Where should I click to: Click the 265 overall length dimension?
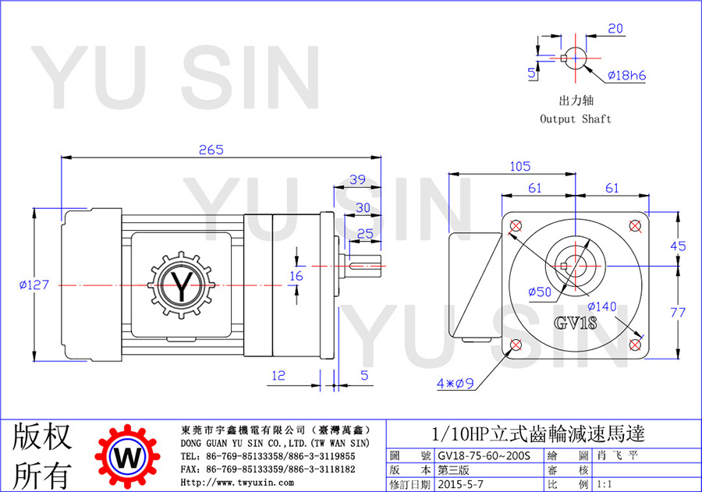click(x=211, y=150)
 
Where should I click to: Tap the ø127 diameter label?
click(x=34, y=285)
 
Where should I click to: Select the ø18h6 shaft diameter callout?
click(x=627, y=75)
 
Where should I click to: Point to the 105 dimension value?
click(x=520, y=167)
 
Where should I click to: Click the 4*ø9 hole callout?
click(x=456, y=383)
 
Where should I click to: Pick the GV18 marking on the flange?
click(x=576, y=323)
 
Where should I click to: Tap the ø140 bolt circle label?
click(x=602, y=306)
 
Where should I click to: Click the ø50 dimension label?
click(x=540, y=292)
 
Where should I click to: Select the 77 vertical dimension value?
click(x=678, y=312)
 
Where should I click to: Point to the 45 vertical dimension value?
click(x=678, y=246)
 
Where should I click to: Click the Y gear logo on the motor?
click(x=181, y=285)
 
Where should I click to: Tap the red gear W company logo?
click(x=128, y=457)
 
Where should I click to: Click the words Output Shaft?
click(x=576, y=119)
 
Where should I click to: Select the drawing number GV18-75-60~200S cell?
click(x=484, y=455)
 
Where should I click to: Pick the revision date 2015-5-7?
click(x=461, y=484)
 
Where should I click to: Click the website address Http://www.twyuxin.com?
click(x=237, y=483)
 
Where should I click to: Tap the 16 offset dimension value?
click(x=296, y=276)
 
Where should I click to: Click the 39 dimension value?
click(x=357, y=180)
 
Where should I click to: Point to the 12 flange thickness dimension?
click(x=278, y=376)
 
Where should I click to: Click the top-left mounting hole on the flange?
click(x=516, y=225)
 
